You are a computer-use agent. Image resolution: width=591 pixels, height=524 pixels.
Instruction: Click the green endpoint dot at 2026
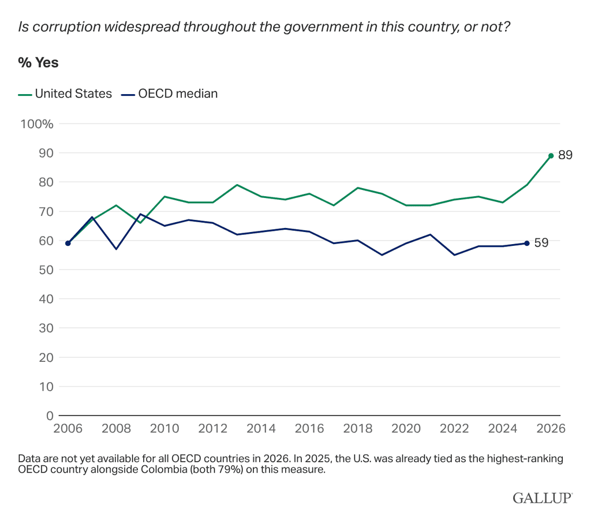551,156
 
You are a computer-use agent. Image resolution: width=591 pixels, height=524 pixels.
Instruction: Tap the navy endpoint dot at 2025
527,243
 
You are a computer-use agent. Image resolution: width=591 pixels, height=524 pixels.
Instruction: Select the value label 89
566,155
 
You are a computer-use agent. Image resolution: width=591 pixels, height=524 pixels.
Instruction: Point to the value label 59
541,243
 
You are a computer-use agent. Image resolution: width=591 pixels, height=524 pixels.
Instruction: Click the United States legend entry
65,93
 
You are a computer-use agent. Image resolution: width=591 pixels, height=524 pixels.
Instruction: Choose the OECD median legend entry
169,93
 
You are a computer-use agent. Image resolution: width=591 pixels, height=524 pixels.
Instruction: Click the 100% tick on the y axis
37,124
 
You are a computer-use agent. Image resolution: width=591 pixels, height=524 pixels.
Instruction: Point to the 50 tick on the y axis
46,270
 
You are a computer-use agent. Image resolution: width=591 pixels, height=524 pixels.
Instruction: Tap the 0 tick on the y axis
50,416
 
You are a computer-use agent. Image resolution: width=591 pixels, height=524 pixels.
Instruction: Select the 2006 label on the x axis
68,428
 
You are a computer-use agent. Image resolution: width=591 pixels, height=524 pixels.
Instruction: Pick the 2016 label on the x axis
309,428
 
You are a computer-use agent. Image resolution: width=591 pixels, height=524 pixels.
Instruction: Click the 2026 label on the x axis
551,428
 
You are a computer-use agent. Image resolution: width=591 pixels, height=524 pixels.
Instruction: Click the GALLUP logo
543,497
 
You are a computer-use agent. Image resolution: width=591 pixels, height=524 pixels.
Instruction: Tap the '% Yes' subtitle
39,62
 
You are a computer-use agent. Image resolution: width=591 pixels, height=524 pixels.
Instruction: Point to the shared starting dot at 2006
68,243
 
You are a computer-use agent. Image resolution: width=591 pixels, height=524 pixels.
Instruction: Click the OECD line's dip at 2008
116,249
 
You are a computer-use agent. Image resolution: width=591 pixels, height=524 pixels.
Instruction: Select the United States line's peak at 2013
237,185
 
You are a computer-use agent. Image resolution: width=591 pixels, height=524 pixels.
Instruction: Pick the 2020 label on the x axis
406,428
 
